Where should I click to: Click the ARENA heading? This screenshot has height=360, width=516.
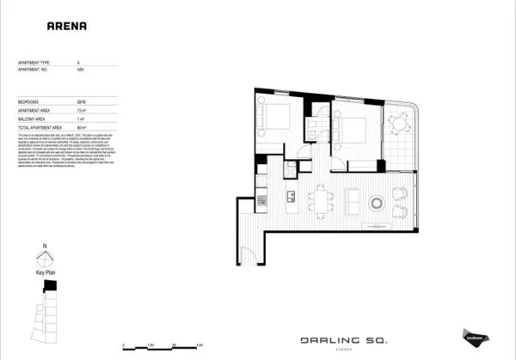[65, 26]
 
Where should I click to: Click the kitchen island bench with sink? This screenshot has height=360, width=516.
[291, 200]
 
